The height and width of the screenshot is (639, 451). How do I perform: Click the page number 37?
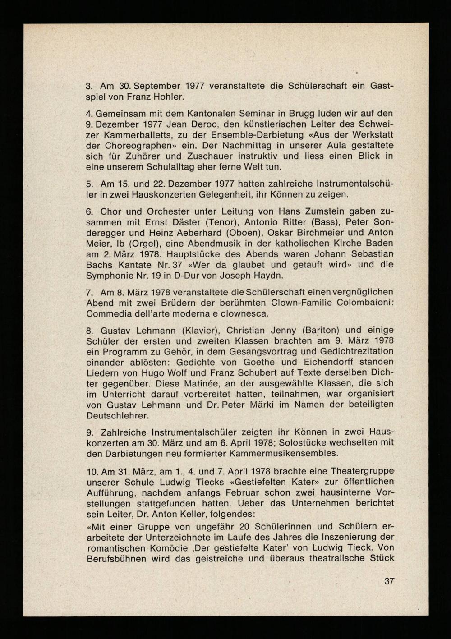coord(389,581)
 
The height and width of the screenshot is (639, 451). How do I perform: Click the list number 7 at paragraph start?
coord(89,292)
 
